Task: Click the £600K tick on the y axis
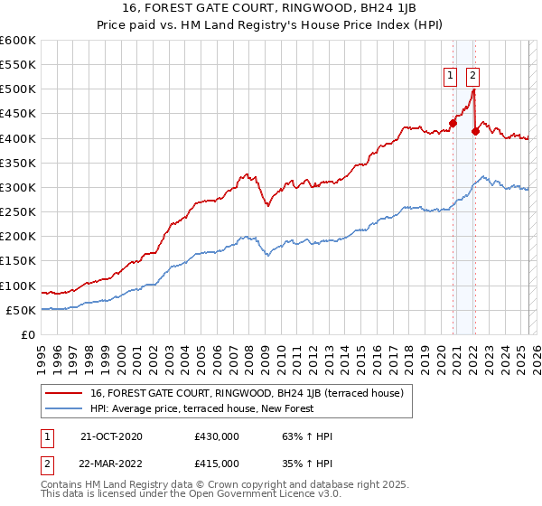point(18,41)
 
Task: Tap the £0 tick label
point(27,334)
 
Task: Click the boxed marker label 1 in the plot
point(449,77)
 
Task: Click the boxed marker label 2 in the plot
point(473,77)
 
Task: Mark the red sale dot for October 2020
point(453,124)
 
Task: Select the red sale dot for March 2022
point(475,131)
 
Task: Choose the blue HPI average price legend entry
point(201,408)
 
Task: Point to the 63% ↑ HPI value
point(295,436)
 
